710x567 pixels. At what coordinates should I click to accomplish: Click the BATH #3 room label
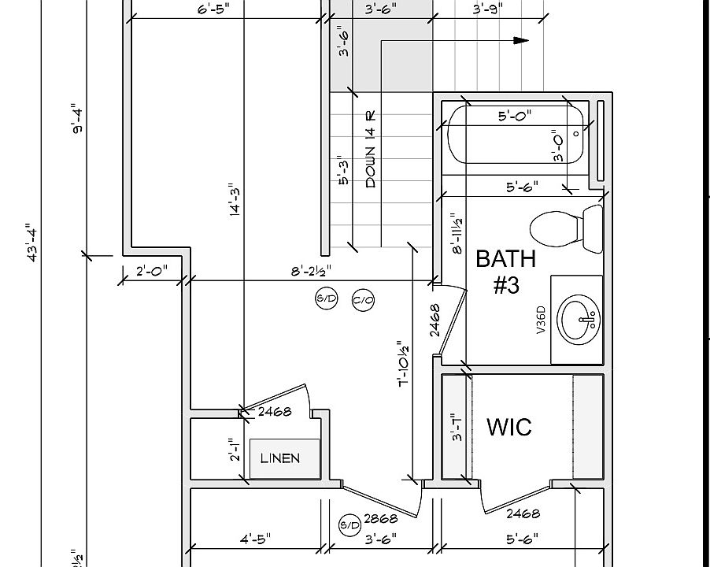point(505,271)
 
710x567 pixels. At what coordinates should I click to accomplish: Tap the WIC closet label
point(509,427)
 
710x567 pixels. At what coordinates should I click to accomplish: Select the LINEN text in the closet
point(280,458)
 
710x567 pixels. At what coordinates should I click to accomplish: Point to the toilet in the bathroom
point(563,228)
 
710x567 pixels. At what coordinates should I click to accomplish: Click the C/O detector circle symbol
point(362,299)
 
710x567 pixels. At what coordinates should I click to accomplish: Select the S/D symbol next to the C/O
point(326,298)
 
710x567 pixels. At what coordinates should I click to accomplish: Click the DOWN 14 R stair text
point(371,149)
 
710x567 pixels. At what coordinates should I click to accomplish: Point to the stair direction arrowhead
point(521,40)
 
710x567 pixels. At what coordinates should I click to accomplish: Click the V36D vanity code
point(541,320)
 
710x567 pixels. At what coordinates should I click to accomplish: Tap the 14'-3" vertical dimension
point(235,204)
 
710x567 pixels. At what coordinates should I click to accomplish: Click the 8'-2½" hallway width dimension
point(311,271)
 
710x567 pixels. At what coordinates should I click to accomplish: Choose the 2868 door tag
point(381,518)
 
